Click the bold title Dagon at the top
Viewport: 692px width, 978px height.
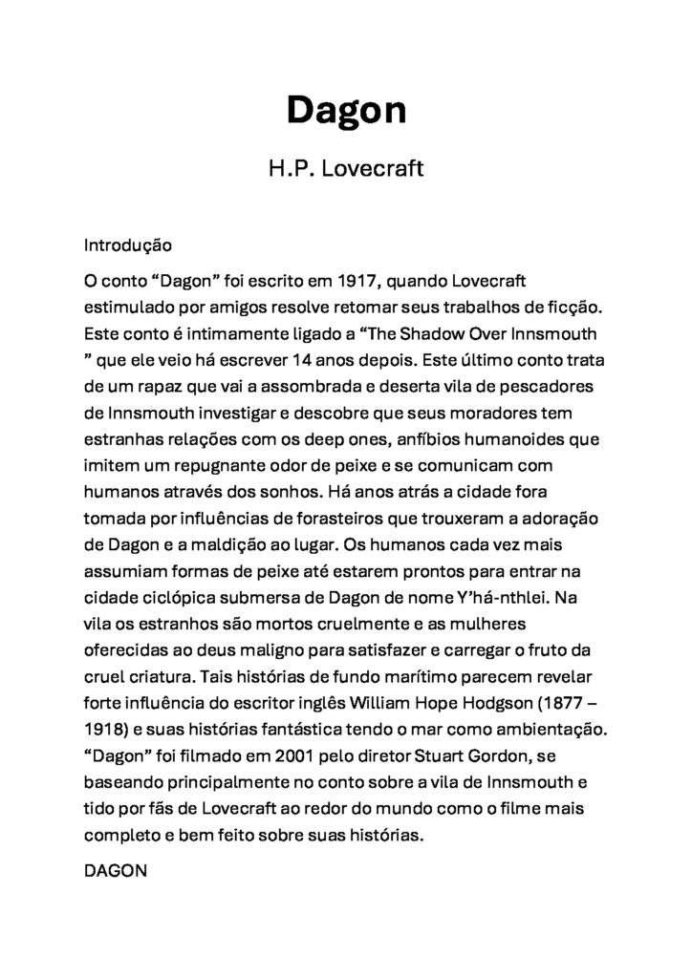(x=346, y=111)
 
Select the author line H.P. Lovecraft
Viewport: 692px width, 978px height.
(x=346, y=172)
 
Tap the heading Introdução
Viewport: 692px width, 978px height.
(x=127, y=244)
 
